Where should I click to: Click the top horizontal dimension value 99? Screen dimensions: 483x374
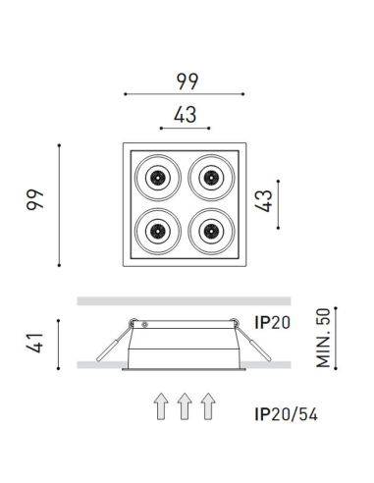[x=185, y=78]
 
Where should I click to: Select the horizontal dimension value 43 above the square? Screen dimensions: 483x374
[x=185, y=113]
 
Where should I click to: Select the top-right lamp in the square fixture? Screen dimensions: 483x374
[x=210, y=177]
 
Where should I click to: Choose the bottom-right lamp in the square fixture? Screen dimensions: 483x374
[x=210, y=231]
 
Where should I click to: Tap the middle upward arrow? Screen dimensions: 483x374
[x=184, y=406]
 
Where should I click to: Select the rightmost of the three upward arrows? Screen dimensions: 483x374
[x=207, y=406]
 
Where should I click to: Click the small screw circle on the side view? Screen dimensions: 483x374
[x=145, y=322]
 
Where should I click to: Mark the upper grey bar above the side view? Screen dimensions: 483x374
[x=184, y=300]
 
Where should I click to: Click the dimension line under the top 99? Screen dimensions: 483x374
[x=185, y=94]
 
